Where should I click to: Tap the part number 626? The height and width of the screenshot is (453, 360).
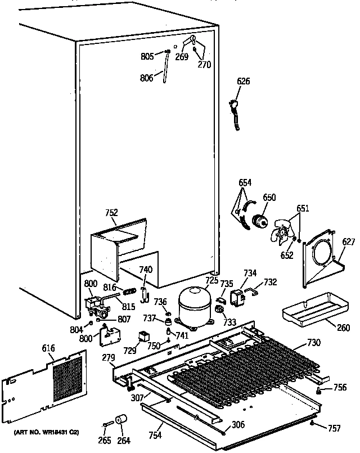point(243,82)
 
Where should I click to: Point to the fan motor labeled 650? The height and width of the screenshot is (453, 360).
point(260,221)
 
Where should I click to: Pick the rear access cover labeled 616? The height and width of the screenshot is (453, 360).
point(46,384)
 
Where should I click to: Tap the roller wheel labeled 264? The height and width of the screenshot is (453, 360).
point(120,419)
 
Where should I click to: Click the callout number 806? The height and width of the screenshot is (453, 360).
point(146,79)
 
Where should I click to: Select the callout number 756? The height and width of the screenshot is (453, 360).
point(340,387)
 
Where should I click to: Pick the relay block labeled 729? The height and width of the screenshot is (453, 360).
point(145,337)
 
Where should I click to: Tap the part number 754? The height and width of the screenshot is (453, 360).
point(155,436)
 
